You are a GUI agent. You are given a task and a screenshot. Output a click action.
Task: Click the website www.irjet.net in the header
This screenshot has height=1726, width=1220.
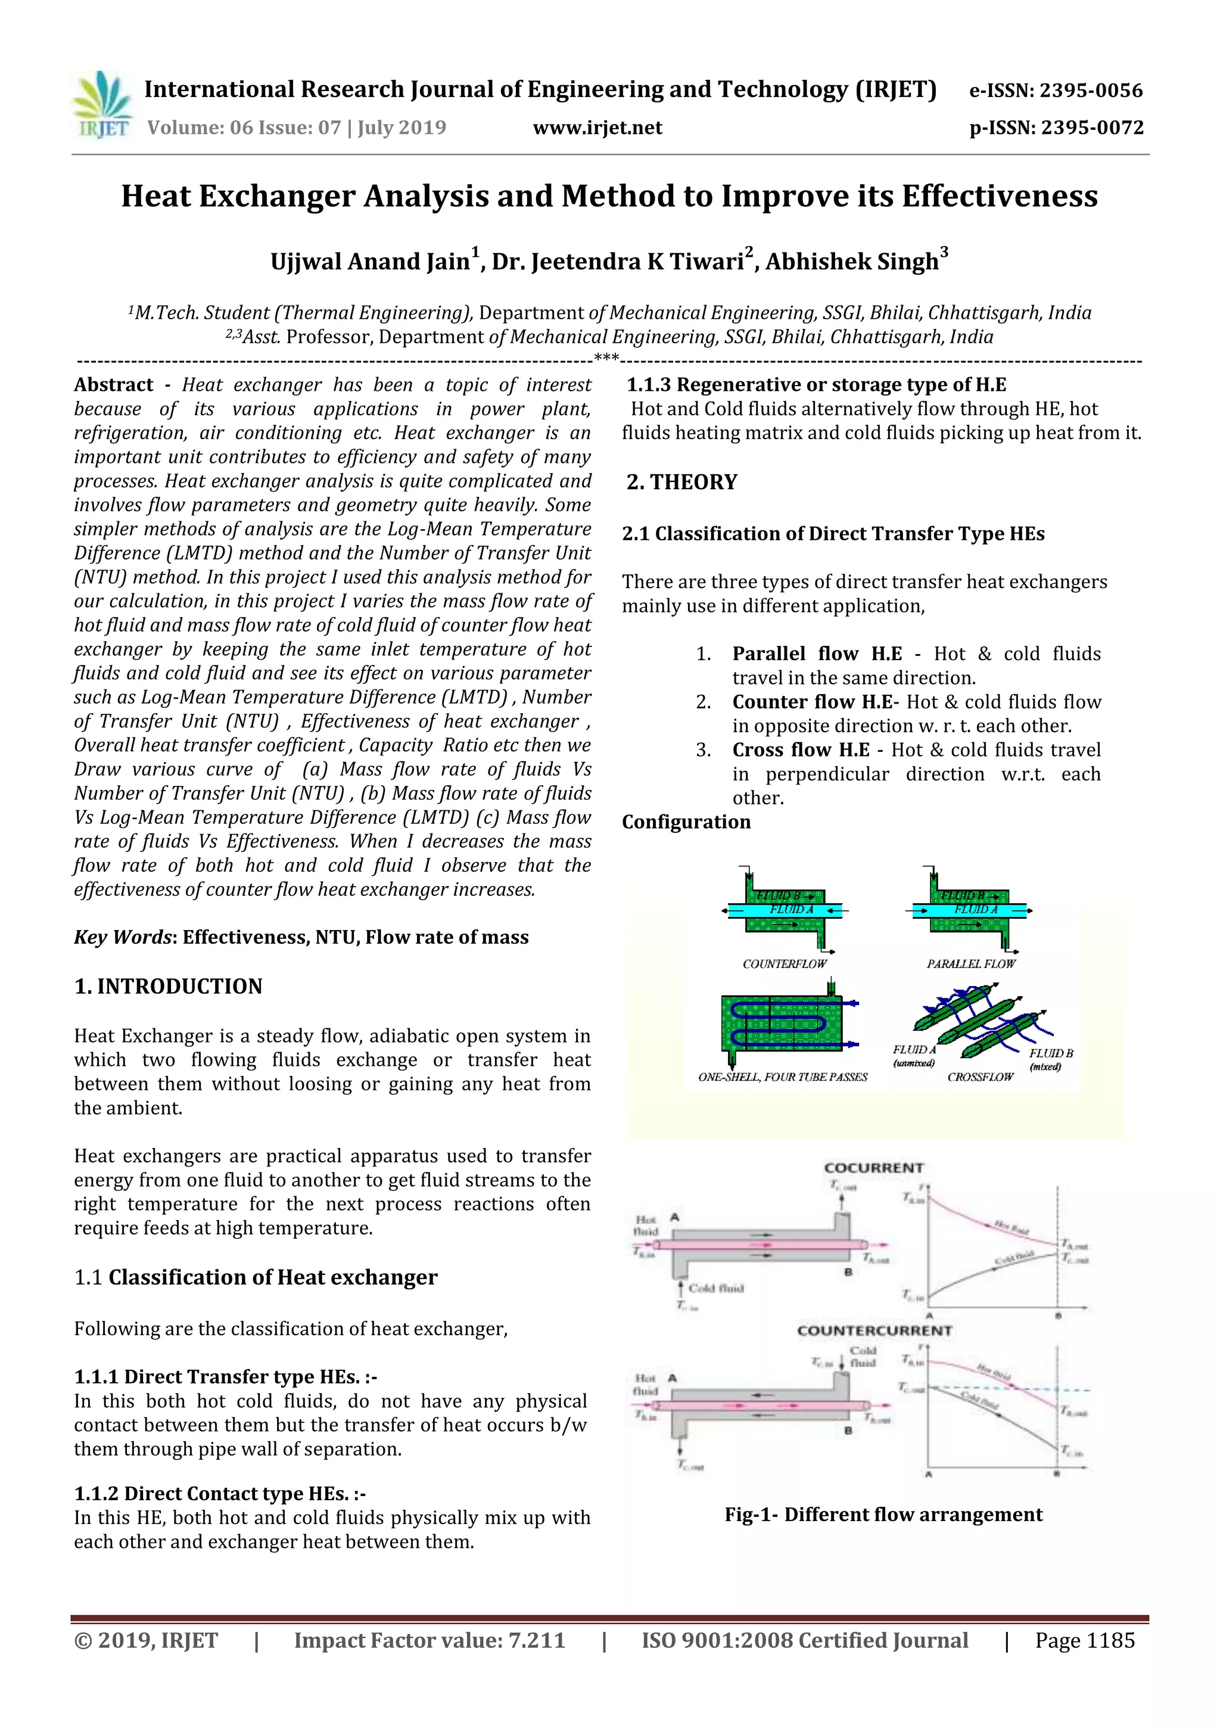[x=597, y=127]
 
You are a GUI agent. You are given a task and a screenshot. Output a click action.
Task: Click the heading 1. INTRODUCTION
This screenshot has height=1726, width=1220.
[x=169, y=986]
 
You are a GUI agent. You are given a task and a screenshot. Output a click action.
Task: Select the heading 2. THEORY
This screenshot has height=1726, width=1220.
[x=682, y=482]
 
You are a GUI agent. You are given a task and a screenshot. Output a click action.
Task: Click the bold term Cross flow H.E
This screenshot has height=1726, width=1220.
[x=801, y=750]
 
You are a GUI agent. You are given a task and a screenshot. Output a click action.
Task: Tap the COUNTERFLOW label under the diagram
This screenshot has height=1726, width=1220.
[x=784, y=964]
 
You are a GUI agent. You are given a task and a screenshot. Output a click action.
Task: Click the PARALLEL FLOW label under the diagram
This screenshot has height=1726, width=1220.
[x=970, y=964]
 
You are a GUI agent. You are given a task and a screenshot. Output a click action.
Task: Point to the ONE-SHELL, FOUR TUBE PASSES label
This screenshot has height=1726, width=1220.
[x=783, y=1077]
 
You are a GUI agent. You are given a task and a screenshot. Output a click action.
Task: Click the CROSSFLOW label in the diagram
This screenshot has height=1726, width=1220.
[x=980, y=1077]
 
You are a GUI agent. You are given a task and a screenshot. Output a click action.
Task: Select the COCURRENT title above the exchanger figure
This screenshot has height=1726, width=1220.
[x=873, y=1168]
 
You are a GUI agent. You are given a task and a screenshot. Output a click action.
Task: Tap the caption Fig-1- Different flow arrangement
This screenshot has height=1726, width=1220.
[x=883, y=1514]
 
